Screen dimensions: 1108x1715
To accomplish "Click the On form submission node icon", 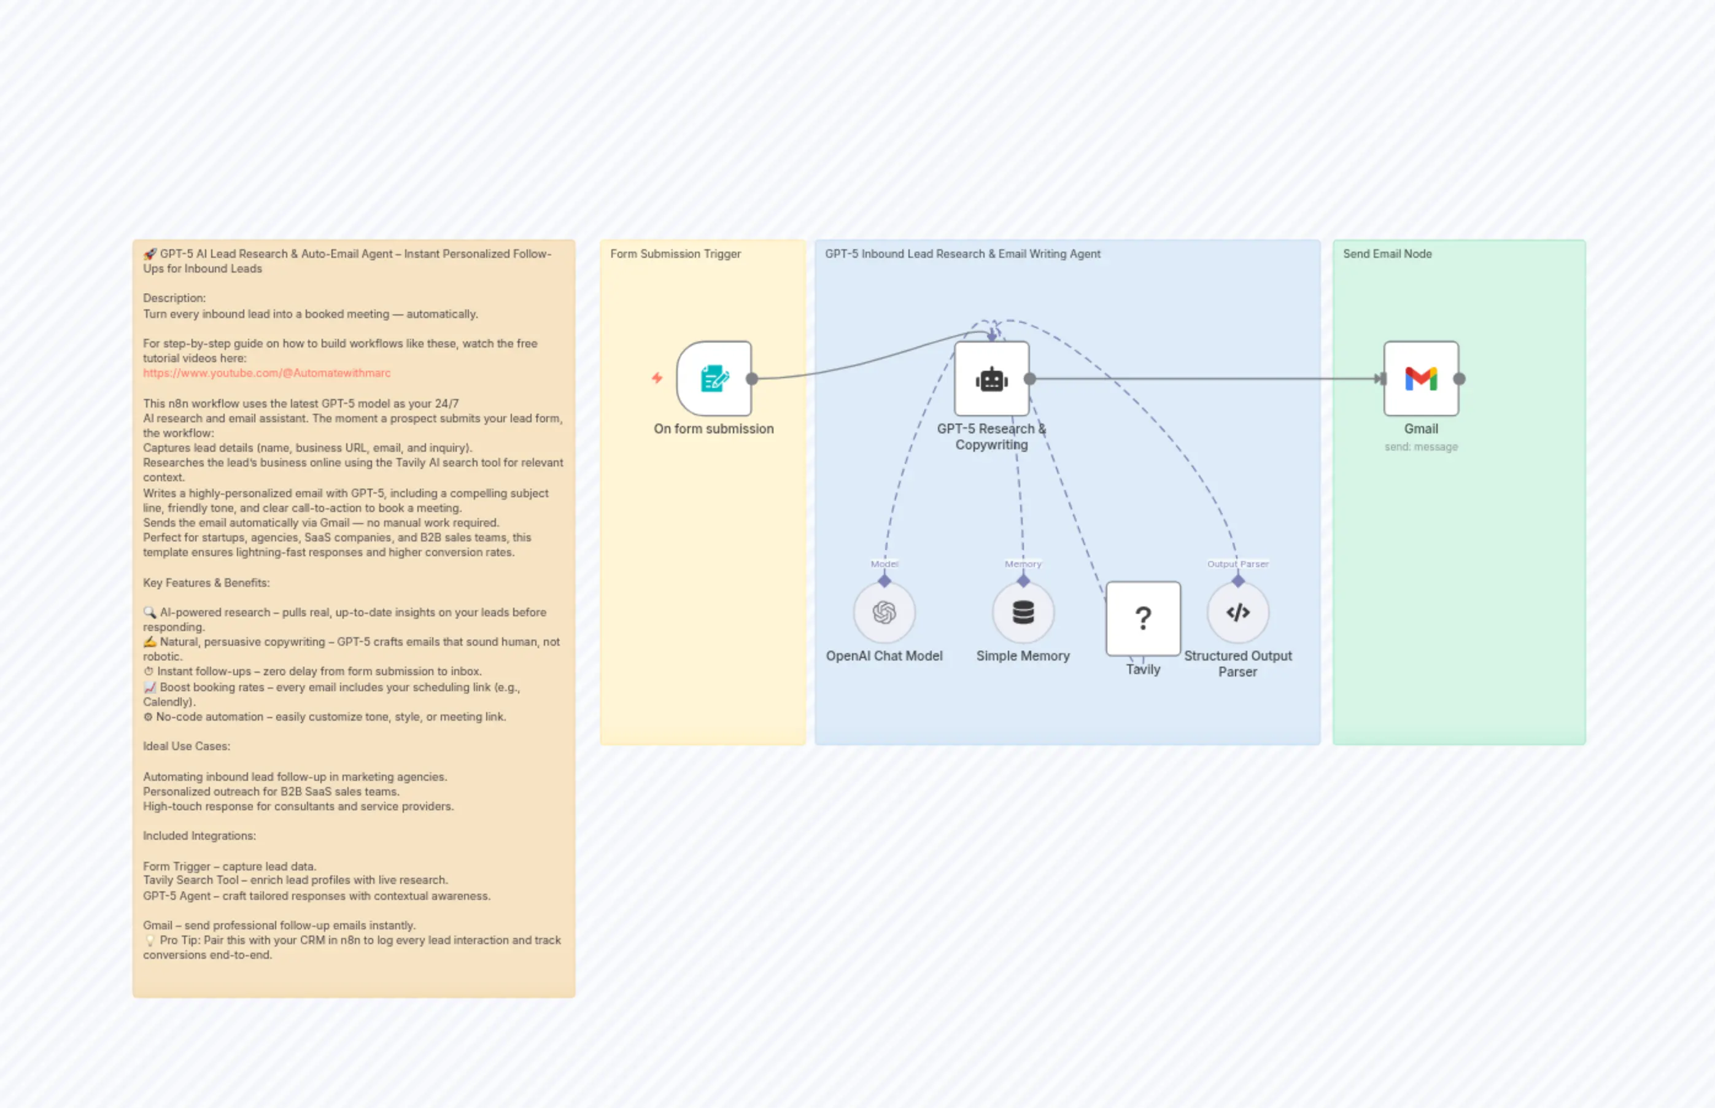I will tap(714, 379).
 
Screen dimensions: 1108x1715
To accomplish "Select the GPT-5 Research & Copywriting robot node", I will tap(991, 379).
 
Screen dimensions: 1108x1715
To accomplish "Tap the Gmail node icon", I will tap(1421, 379).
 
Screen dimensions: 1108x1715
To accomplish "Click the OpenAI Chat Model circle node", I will tap(884, 612).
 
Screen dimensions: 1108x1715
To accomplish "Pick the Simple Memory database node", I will tap(1023, 612).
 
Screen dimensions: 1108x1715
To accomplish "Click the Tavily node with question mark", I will tap(1142, 618).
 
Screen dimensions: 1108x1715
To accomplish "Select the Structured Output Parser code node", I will tap(1237, 612).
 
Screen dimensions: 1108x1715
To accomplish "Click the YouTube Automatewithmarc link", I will tap(266, 373).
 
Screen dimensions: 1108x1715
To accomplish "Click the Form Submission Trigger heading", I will tap(675, 254).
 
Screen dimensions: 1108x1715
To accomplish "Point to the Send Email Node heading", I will tap(1387, 254).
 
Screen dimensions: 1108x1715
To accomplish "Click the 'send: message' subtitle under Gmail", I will tap(1421, 447).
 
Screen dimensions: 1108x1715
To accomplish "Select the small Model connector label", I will tap(884, 564).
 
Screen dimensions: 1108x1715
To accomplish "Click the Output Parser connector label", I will tap(1237, 564).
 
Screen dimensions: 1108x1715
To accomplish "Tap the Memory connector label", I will tap(1023, 564).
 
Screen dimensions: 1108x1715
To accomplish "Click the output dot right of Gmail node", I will tap(1459, 379).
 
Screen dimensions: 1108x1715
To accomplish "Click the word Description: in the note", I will tap(174, 298).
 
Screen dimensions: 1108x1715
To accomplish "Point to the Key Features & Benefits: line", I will tap(206, 583).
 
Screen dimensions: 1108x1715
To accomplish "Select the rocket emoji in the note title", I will tap(150, 254).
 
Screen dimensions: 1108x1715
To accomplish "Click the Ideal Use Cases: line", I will tap(187, 746).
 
